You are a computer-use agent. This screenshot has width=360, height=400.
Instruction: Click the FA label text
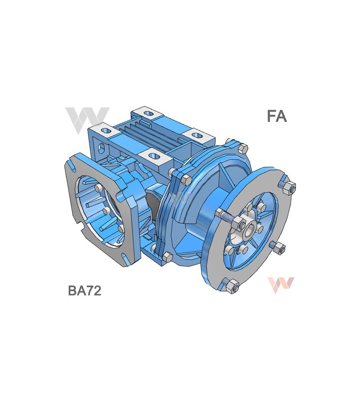click(x=277, y=116)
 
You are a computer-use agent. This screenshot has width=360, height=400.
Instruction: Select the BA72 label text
click(x=84, y=290)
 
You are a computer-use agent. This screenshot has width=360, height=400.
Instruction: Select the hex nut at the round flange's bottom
click(x=233, y=285)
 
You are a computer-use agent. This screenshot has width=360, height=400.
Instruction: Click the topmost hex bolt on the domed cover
click(x=242, y=148)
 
